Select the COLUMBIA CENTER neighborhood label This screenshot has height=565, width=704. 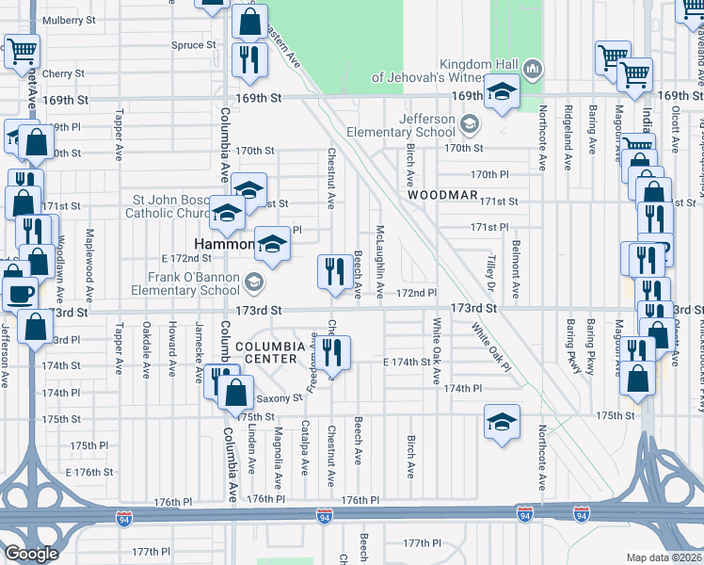pyautogui.click(x=270, y=352)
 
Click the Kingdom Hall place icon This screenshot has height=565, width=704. pyautogui.click(x=533, y=68)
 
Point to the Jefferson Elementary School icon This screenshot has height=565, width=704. pyautogui.click(x=470, y=123)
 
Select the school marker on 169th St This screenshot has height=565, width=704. pyautogui.click(x=502, y=92)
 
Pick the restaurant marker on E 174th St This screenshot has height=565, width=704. pyautogui.click(x=333, y=352)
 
